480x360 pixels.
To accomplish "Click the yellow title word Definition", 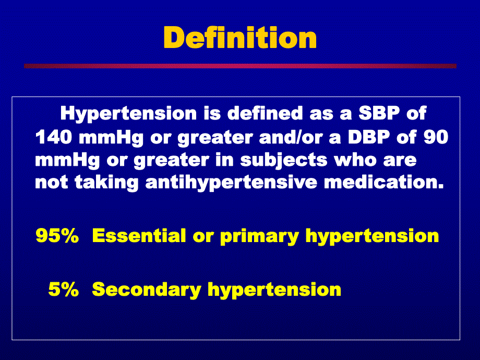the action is (240, 38).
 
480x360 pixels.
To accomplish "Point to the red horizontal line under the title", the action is (240, 66).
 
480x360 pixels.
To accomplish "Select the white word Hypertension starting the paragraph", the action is (128, 114).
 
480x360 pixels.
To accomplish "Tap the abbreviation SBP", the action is (379, 113).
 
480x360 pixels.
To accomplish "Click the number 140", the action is (54, 137).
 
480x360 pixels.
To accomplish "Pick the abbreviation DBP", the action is (369, 137).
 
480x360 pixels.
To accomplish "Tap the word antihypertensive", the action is (232, 183).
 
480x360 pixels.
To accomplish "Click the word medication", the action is (384, 182).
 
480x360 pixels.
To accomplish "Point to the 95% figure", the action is (57, 236).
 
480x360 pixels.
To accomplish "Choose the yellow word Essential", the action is (139, 236).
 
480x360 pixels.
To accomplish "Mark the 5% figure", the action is (64, 289).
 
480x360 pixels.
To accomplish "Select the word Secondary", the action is (147, 290).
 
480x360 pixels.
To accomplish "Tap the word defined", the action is (265, 113).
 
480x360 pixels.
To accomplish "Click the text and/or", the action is (291, 137).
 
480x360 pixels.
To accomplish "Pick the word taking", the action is (106, 183).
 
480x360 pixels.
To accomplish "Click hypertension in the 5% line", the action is (274, 290).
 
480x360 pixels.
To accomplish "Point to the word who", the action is (355, 160).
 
